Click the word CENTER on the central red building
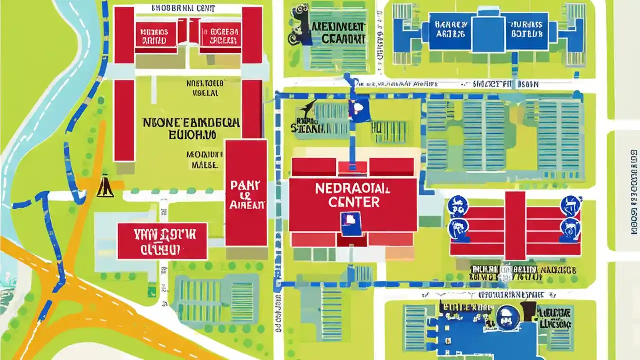[354, 202]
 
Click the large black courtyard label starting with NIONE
[191, 122]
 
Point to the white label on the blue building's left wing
[451, 29]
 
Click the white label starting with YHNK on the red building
[162, 240]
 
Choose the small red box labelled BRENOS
[155, 35]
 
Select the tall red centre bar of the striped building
[515, 225]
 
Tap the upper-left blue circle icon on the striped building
[457, 205]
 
